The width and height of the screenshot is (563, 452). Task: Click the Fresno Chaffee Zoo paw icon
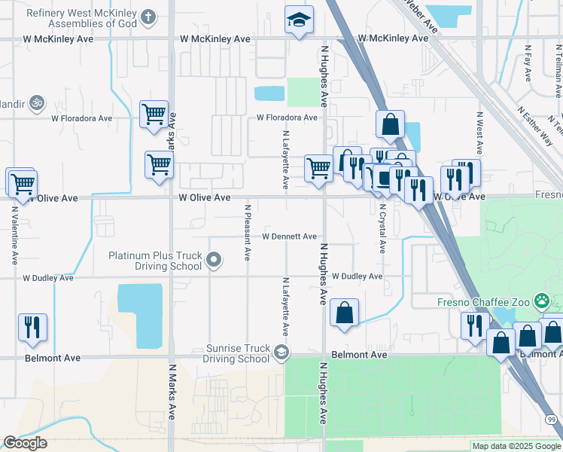(x=542, y=301)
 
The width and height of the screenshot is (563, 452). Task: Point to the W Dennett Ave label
(x=289, y=237)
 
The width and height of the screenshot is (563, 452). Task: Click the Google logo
(x=25, y=443)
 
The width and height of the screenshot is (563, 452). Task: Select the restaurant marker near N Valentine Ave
(x=32, y=327)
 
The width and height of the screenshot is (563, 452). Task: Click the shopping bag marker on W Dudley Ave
(x=344, y=313)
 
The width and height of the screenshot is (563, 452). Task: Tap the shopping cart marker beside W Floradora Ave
(x=154, y=115)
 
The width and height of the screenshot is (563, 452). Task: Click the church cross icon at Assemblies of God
(x=148, y=16)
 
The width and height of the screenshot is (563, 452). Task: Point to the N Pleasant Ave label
(x=247, y=232)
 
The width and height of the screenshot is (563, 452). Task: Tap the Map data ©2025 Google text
(x=516, y=446)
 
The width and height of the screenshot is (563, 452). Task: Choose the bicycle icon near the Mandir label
(x=36, y=102)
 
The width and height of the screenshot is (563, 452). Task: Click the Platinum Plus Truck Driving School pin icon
(x=215, y=261)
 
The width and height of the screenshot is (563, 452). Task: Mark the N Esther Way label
(x=534, y=125)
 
